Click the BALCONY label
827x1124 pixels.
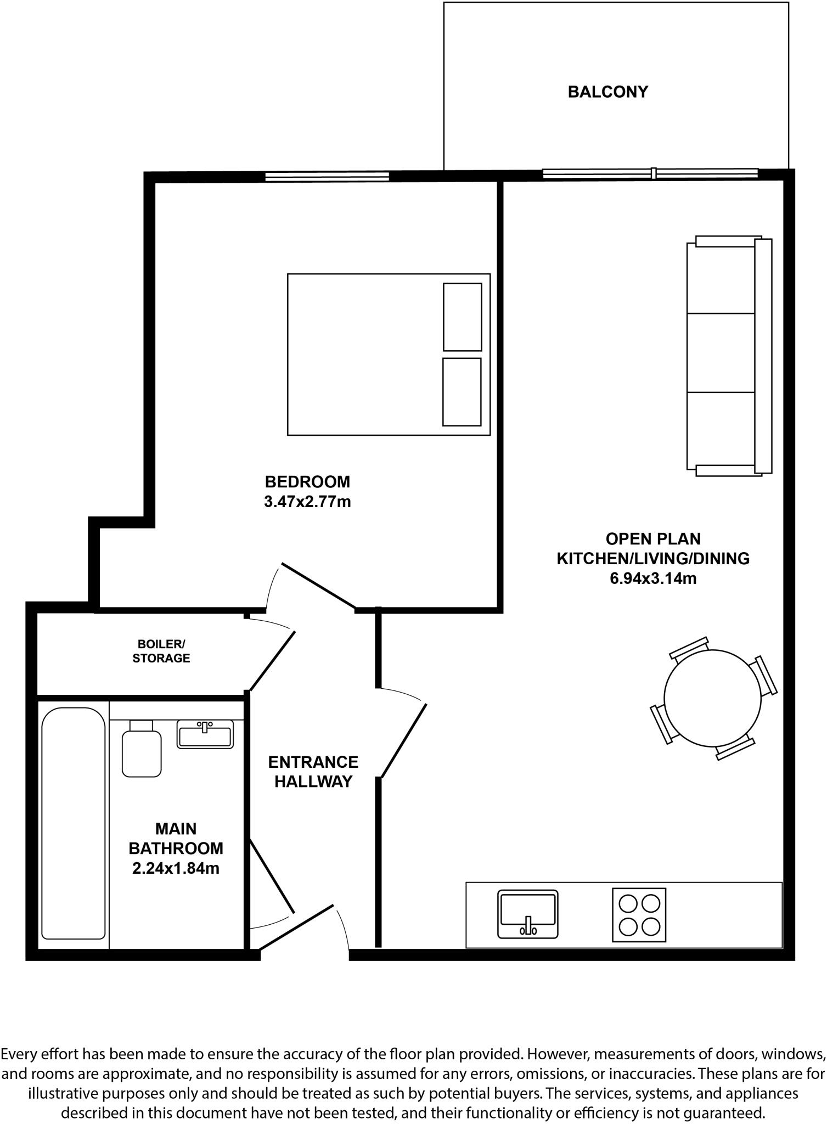coord(607,92)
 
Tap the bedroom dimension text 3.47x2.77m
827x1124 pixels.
coord(307,502)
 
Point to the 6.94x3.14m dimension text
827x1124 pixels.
coord(653,578)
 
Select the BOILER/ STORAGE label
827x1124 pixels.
coord(161,651)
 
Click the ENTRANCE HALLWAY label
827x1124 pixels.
coord(313,771)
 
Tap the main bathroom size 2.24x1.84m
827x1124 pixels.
coord(176,868)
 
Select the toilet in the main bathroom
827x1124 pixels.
coord(142,749)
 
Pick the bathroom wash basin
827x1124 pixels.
coord(205,734)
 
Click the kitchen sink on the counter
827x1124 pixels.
coord(527,913)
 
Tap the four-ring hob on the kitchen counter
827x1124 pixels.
coord(639,914)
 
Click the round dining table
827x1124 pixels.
coord(712,698)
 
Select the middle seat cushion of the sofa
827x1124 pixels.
coord(721,353)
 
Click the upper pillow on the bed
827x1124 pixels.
coord(462,317)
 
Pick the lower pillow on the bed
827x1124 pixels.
coord(462,392)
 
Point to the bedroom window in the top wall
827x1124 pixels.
coord(327,177)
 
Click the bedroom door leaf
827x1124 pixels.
coord(319,586)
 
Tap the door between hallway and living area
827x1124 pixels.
coord(403,741)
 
